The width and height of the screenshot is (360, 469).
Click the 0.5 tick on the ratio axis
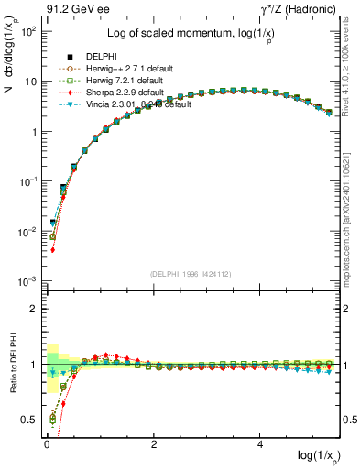click(31, 420)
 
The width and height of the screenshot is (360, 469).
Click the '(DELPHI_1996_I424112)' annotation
click(191, 272)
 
